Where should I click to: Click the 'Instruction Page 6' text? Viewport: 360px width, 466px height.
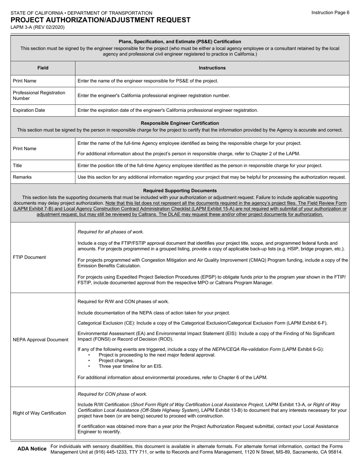330,13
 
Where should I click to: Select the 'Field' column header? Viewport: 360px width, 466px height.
43,68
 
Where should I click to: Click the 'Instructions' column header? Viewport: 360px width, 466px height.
212,68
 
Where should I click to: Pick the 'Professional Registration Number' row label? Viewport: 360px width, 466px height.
39,95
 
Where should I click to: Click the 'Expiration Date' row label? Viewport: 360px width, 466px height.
29,110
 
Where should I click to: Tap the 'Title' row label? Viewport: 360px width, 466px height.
17,166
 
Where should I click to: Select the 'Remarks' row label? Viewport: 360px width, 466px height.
22,177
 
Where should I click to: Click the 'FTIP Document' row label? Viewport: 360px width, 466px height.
29,257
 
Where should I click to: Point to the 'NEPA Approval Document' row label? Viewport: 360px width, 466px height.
41,339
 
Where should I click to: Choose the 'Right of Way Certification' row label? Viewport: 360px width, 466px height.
39,413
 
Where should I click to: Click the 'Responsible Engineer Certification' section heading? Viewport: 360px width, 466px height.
180,123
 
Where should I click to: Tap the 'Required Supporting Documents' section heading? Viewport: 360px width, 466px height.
180,191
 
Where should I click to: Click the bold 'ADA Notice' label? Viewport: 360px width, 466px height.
32,449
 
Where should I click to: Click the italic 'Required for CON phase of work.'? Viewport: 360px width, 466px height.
112,394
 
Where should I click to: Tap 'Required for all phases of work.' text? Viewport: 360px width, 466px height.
111,232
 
